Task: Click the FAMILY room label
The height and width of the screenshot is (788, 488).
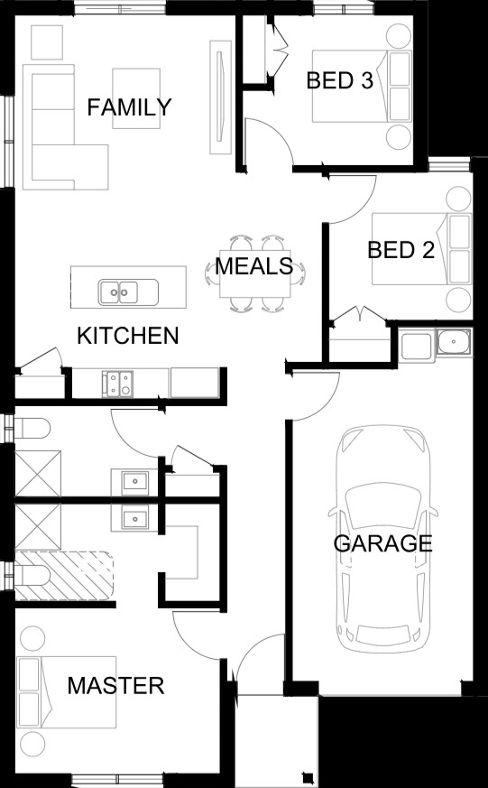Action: click(129, 107)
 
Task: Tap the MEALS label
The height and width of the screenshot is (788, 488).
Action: click(254, 266)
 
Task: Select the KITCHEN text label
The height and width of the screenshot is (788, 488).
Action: click(128, 336)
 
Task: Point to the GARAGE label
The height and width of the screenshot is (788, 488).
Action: click(383, 543)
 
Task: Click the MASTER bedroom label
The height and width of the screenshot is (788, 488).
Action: click(116, 686)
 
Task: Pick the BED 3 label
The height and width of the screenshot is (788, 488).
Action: click(340, 80)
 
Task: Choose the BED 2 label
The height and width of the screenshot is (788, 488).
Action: click(401, 250)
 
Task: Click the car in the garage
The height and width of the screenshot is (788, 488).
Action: click(383, 539)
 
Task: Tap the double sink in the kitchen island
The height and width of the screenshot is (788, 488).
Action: click(128, 292)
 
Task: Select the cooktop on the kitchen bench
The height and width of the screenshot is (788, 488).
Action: click(117, 384)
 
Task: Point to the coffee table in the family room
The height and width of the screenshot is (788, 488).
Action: click(136, 98)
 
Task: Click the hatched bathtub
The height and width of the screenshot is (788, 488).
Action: click(64, 575)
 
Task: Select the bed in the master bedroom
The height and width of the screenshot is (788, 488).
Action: click(66, 691)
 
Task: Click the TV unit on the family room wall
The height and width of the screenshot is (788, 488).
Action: click(220, 97)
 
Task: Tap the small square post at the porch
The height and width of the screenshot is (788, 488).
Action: click(308, 776)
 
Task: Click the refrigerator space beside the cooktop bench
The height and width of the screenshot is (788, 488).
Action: click(194, 383)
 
